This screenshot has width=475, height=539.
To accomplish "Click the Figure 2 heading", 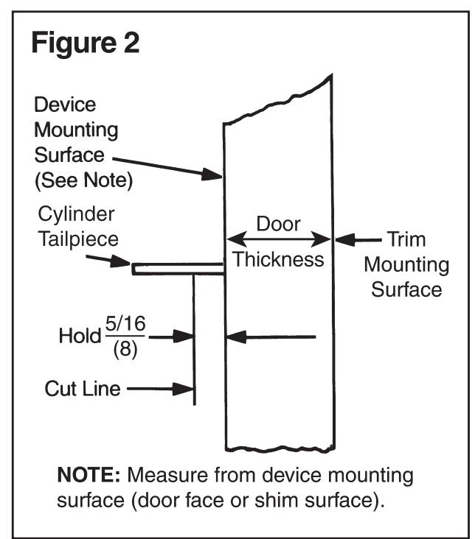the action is coord(86,42).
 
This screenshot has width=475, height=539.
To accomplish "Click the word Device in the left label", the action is coord(65,105).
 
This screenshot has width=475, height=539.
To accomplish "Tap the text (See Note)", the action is coord(83,180).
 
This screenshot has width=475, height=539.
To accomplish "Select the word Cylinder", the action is coord(76,214).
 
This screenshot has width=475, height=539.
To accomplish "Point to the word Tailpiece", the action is coord(78,239).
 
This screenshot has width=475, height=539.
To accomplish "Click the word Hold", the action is coord(80,336).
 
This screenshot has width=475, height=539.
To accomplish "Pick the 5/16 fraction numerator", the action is coord(125,323).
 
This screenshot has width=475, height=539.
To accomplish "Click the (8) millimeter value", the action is coord(125,350).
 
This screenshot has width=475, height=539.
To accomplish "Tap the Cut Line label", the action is coord(83,389).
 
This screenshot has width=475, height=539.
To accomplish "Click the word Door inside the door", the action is coord(278,224).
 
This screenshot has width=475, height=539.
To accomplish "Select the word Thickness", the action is coord(278,259).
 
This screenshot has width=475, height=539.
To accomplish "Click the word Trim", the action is coord(406,239).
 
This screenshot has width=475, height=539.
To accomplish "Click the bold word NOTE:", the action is coord(89,475).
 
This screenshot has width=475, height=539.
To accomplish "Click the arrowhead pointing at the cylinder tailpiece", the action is coord(120,261).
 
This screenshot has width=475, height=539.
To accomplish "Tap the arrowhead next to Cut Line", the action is coord(184,389).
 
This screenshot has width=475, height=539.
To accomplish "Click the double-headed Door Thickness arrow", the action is coord(278,239).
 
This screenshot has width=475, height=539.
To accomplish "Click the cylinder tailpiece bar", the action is coord(178,269).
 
